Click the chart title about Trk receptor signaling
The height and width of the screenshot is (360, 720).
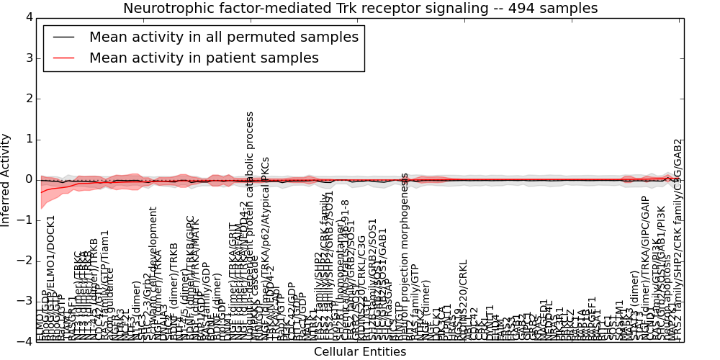coord(360,9)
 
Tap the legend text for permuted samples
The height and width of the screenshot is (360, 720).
coord(223,37)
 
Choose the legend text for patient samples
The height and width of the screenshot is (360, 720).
coord(204,58)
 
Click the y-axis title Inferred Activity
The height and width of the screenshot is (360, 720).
coord(6,180)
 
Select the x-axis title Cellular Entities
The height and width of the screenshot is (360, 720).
coord(360,352)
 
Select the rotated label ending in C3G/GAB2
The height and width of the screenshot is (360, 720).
coord(678,238)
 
